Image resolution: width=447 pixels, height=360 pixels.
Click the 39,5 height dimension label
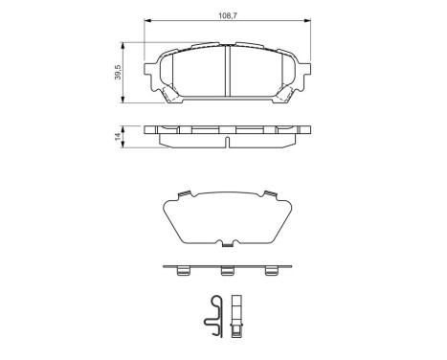(x=118, y=73)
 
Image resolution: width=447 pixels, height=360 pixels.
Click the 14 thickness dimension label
(x=118, y=138)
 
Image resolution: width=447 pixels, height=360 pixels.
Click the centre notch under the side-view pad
(x=226, y=145)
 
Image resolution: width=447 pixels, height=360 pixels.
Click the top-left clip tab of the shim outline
(x=179, y=198)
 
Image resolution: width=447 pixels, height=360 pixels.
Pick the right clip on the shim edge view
(x=270, y=272)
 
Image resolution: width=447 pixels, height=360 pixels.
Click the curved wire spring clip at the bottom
(x=217, y=315)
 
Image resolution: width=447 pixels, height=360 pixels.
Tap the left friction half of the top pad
(x=192, y=74)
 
